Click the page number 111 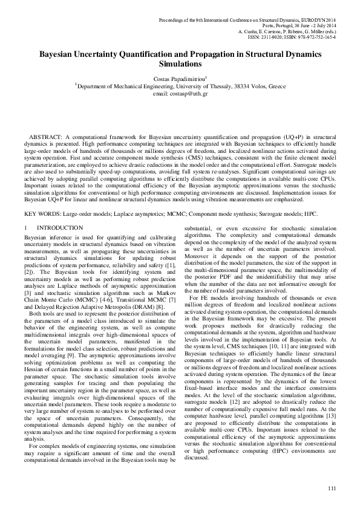pos(331,488)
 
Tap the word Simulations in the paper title pos(180,63)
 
